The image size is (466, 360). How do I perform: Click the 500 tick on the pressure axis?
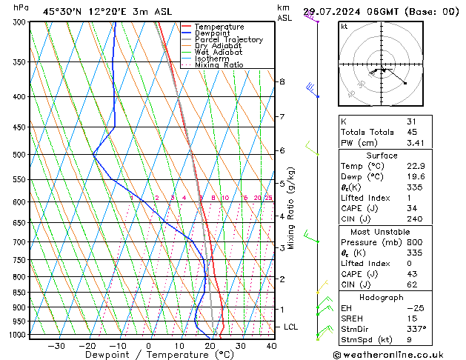tap(20, 155)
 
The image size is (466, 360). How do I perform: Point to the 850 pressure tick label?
tap(20, 293)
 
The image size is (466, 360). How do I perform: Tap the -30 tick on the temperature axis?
tap(56, 346)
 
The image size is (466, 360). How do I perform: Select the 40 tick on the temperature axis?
tap(271, 346)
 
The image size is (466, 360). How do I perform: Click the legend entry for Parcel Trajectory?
tap(218, 40)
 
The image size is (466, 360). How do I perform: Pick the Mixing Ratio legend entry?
tap(219, 65)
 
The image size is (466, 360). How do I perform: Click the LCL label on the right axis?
tap(291, 327)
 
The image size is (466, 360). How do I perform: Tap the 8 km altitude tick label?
tap(282, 81)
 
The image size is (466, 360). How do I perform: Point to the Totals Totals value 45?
tap(412, 132)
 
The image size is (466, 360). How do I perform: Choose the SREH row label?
tap(352, 318)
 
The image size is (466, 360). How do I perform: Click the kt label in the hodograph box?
tap(344, 27)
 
